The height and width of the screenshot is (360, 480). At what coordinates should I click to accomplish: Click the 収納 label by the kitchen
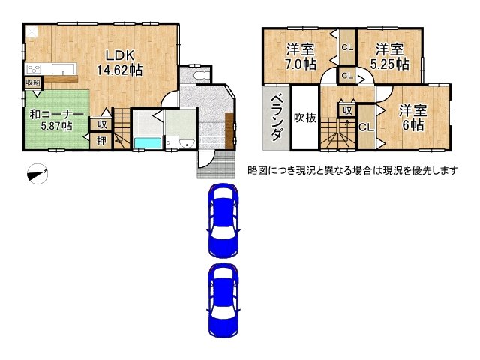pyautogui.click(x=32, y=82)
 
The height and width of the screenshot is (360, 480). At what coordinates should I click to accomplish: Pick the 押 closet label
pyautogui.click(x=101, y=140)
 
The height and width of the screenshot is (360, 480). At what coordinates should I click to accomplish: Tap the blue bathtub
pyautogui.click(x=147, y=143)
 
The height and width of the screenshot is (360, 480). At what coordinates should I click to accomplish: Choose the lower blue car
pyautogui.click(x=223, y=299)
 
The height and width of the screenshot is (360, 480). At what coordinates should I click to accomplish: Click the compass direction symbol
pyautogui.click(x=37, y=174)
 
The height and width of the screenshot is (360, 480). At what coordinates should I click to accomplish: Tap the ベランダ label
pyautogui.click(x=276, y=118)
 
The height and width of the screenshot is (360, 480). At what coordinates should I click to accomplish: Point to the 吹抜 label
pyautogui.click(x=305, y=118)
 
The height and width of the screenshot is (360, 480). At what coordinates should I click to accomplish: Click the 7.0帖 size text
pyautogui.click(x=300, y=65)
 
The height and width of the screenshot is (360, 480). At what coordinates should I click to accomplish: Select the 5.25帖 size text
pyautogui.click(x=390, y=65)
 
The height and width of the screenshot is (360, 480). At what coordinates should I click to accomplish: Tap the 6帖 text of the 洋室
pyautogui.click(x=412, y=125)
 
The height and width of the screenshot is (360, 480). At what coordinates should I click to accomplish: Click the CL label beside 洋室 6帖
pyautogui.click(x=366, y=127)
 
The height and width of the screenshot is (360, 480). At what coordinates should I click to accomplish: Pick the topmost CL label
pyautogui.click(x=347, y=48)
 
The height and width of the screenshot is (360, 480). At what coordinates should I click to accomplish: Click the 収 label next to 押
pyautogui.click(x=101, y=125)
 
